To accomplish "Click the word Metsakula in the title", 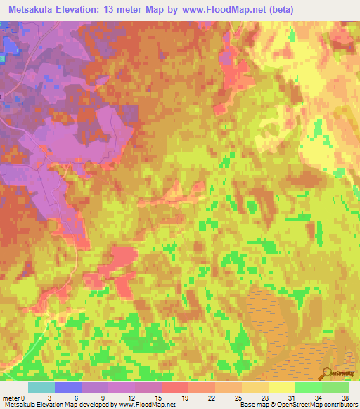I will (29, 9).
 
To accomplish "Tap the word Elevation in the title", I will (82, 9).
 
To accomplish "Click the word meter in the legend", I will (12, 397).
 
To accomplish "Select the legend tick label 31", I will (281, 397).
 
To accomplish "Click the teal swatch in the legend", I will (41, 387).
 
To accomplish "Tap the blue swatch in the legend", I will (68, 387).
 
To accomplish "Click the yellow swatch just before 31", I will (281, 387).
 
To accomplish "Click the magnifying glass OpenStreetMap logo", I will (328, 375).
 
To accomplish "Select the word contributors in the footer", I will (339, 405).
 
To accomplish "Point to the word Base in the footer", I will (246, 405).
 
